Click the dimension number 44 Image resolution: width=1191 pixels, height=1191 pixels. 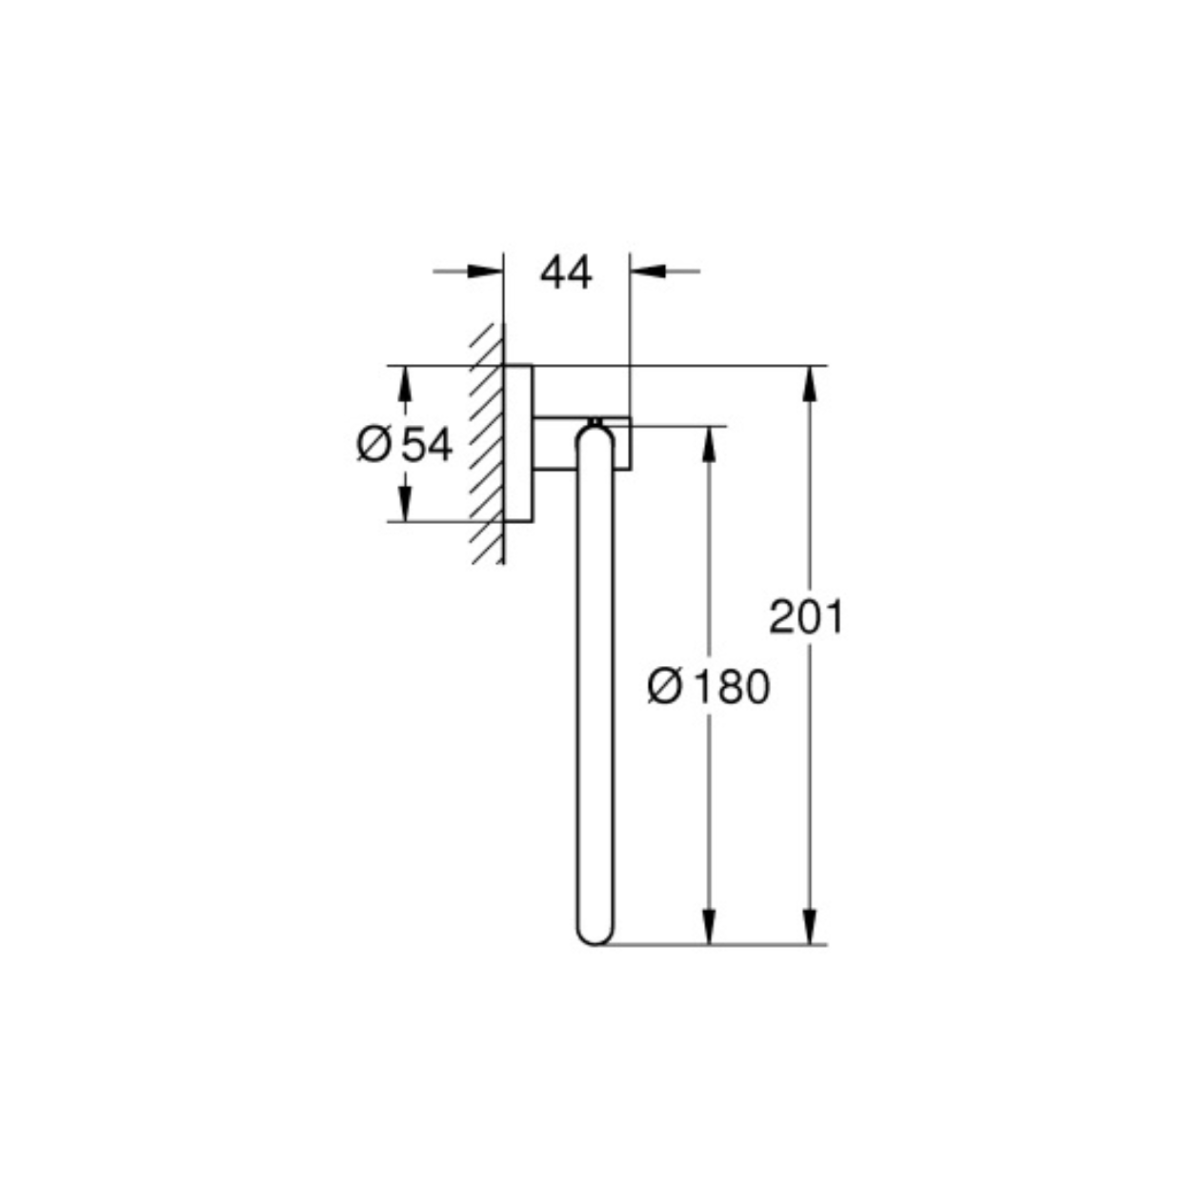(x=566, y=273)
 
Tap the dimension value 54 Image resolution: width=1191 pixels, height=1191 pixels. (x=427, y=445)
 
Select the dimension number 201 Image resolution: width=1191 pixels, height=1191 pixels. (x=805, y=616)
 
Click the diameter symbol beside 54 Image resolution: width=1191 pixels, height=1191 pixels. (x=373, y=445)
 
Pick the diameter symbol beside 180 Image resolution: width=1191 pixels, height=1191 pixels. (x=664, y=687)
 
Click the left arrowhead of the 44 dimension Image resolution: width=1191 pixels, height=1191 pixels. (x=485, y=272)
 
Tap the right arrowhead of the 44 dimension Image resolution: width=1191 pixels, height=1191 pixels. (x=648, y=272)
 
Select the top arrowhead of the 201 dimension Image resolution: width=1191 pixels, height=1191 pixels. (x=810, y=384)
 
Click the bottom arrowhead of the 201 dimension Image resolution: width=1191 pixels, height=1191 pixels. (x=810, y=926)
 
